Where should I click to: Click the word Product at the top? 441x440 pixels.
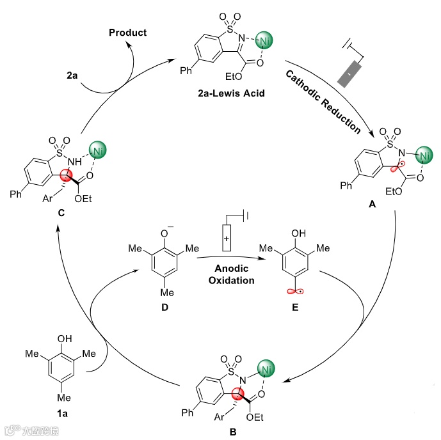click(x=127, y=33)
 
